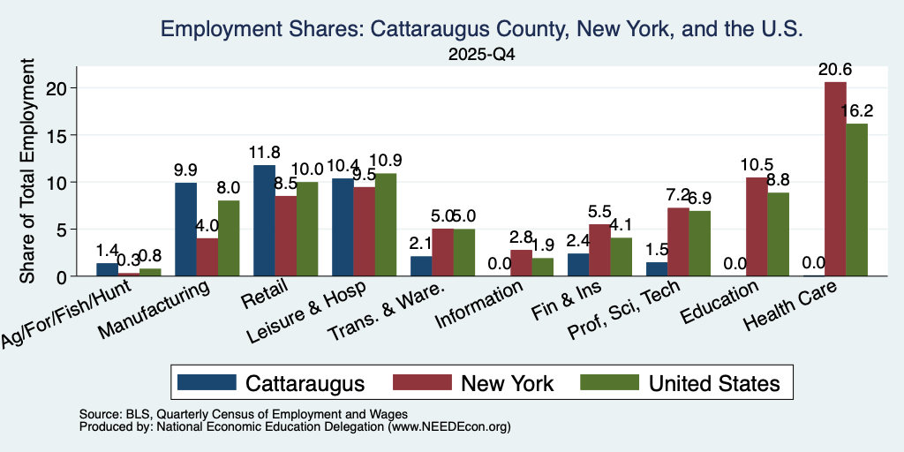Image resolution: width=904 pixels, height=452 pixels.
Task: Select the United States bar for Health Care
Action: (856, 200)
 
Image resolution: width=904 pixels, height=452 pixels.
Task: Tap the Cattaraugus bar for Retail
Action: (264, 220)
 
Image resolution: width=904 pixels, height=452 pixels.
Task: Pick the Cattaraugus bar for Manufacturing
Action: (185, 230)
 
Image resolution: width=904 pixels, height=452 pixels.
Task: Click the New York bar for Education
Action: (757, 227)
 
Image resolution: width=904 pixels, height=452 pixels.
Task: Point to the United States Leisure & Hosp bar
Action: (385, 225)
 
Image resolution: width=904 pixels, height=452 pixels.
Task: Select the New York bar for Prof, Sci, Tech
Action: (678, 242)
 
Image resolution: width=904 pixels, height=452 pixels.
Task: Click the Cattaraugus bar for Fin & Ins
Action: (578, 265)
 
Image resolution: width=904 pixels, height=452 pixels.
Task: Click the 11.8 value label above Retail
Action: (265, 153)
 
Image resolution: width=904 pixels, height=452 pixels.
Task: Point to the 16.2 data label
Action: (856, 111)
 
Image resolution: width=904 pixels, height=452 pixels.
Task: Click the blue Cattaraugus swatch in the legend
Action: (207, 382)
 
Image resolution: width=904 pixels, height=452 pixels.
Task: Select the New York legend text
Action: (508, 383)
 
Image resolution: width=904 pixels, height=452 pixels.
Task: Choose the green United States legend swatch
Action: (609, 382)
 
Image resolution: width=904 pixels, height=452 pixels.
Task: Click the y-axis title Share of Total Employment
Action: (27, 170)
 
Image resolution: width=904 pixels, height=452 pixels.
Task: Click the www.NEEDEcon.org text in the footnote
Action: (449, 427)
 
